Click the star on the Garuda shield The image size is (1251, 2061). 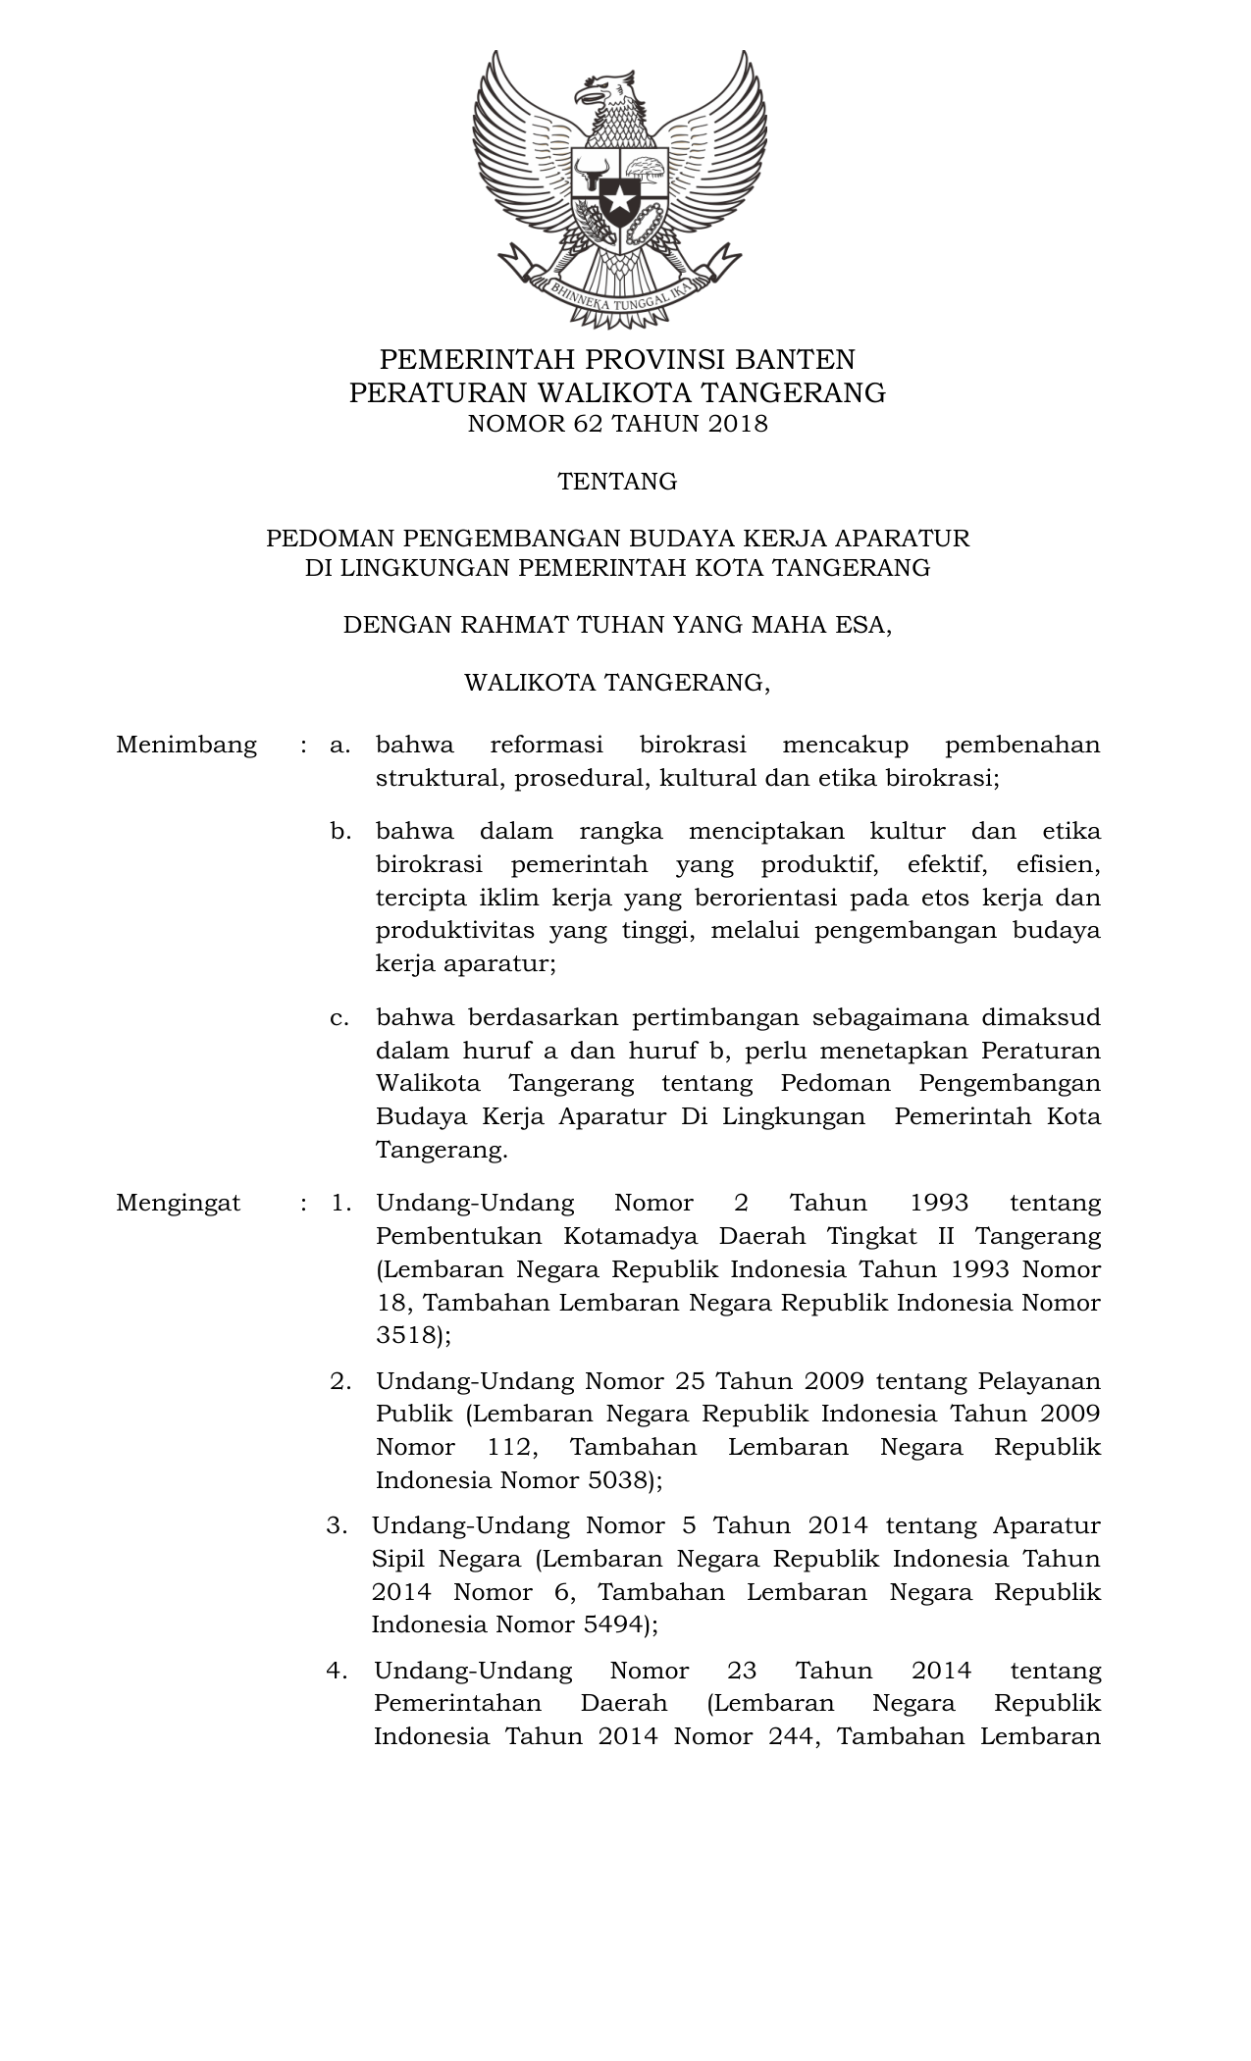(619, 200)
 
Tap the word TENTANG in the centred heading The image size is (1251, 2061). (617, 482)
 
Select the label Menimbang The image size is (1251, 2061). (186, 745)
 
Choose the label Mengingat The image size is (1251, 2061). (179, 1203)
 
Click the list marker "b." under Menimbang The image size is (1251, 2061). (340, 832)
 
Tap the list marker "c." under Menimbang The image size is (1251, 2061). (340, 1017)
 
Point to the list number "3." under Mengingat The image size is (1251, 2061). (338, 1525)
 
